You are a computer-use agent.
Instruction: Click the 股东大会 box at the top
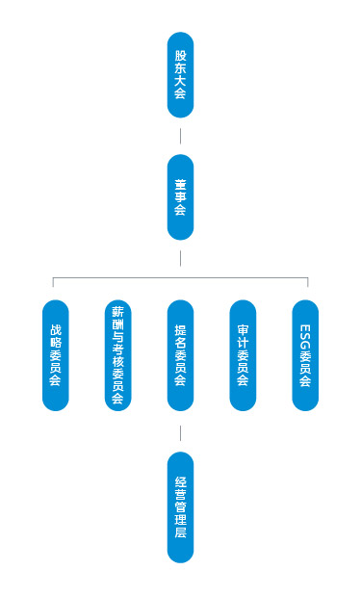point(180,75)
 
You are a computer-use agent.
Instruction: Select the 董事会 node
point(180,196)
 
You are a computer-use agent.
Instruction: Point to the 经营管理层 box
point(180,506)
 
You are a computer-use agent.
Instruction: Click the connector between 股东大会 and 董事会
point(180,136)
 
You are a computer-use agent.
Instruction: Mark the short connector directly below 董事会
point(180,258)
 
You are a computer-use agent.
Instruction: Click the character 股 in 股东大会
point(180,56)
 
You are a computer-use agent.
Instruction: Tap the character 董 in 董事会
point(180,182)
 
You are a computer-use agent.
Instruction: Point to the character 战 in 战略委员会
point(56,327)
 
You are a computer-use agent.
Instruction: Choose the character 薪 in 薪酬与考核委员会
point(117,312)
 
